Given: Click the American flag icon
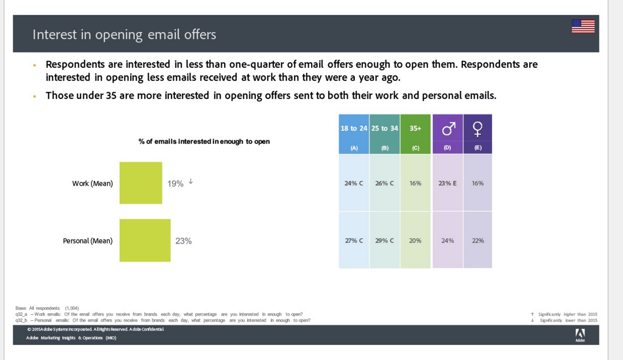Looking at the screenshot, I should (583, 26).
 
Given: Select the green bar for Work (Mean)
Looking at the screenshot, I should (141, 183).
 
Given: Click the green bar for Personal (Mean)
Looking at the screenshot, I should (145, 240).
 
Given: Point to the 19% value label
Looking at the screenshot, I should (175, 184).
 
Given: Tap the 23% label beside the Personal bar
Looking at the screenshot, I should (184, 241).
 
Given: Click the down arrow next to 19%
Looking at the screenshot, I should (191, 181).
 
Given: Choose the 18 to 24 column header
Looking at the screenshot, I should (354, 128).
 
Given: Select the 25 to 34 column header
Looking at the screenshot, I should (384, 128).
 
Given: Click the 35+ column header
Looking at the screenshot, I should (415, 128).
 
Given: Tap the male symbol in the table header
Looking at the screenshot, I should (448, 129).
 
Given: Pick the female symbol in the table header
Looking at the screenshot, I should (478, 129).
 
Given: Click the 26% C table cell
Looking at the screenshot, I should (384, 184).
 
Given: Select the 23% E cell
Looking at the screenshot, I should (448, 184).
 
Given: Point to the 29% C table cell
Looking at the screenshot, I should (384, 241).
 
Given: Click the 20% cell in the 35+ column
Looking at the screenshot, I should (415, 241).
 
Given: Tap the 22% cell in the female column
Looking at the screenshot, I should (478, 241).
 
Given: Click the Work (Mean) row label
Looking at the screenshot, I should (92, 184).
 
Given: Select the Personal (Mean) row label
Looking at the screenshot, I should (88, 241).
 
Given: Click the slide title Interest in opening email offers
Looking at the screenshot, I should (124, 34).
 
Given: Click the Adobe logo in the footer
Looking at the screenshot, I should (580, 335).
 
